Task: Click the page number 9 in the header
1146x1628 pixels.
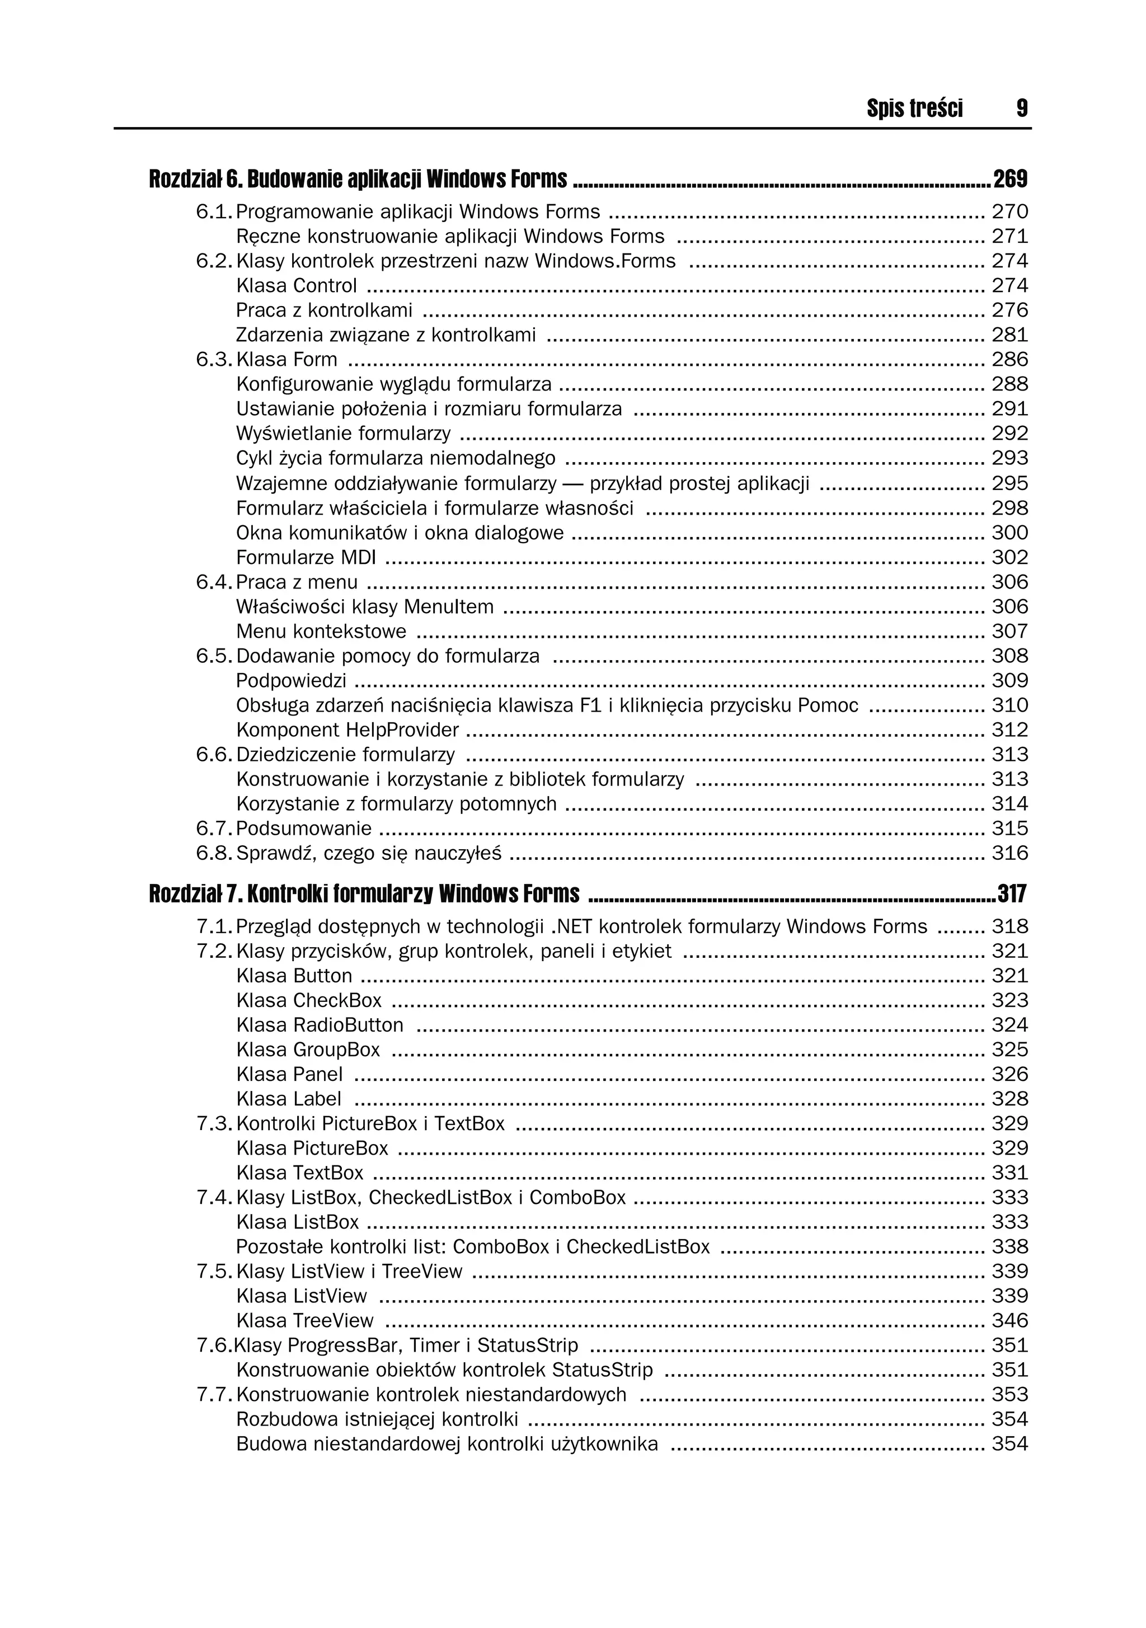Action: pyautogui.click(x=1021, y=109)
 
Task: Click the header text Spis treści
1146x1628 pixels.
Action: pyautogui.click(x=914, y=109)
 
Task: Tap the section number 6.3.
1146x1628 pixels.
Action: pyautogui.click(x=213, y=360)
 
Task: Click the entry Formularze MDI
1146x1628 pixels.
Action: pyautogui.click(x=306, y=557)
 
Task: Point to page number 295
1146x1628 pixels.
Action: pyautogui.click(x=1010, y=483)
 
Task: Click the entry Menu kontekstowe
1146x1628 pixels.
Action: pyautogui.click(x=321, y=631)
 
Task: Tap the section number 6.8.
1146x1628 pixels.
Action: pyautogui.click(x=213, y=853)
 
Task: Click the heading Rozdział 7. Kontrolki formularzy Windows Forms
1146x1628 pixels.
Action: pyautogui.click(x=364, y=894)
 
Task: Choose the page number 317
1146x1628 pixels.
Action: pyautogui.click(x=1012, y=894)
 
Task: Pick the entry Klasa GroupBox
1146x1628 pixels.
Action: pyautogui.click(x=308, y=1050)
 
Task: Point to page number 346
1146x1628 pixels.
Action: pyautogui.click(x=1010, y=1321)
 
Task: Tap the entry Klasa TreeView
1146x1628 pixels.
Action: pyautogui.click(x=304, y=1321)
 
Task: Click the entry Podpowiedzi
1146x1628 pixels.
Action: pyautogui.click(x=291, y=681)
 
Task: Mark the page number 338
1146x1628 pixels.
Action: pyautogui.click(x=1010, y=1246)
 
